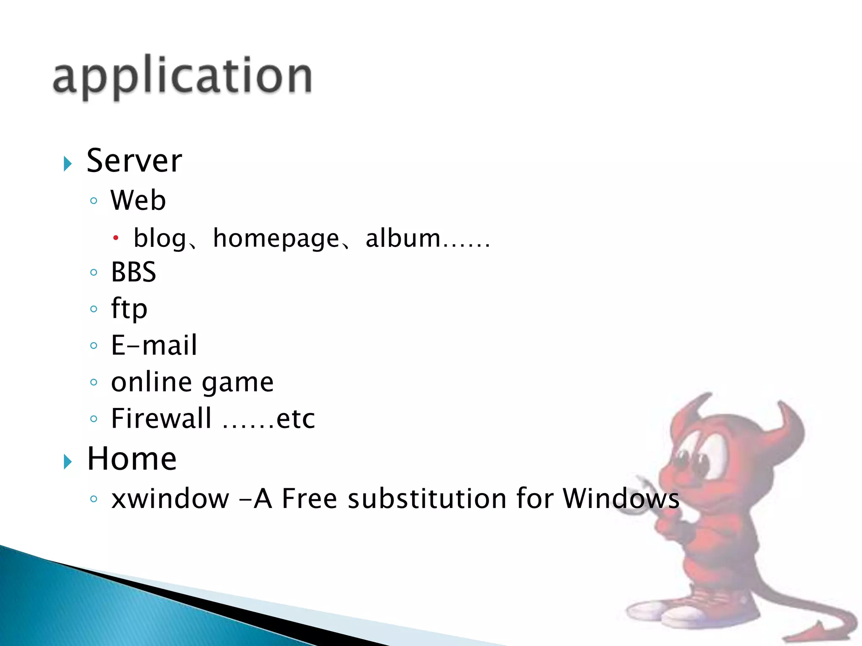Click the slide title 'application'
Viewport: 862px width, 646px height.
point(182,77)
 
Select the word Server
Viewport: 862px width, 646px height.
point(134,161)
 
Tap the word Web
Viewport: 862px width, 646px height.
point(138,200)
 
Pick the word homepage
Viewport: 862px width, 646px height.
point(276,238)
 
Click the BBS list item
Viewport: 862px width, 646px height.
point(133,272)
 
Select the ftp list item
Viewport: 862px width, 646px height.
point(129,309)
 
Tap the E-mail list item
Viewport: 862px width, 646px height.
point(154,345)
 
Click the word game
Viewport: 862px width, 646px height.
point(238,383)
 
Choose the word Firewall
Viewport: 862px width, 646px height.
point(161,418)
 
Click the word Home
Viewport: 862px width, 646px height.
point(132,458)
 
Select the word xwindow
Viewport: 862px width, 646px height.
point(170,499)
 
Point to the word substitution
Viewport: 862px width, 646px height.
point(428,499)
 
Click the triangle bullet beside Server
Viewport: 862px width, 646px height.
point(68,164)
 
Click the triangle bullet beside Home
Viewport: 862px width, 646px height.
point(68,462)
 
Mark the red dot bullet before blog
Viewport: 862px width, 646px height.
point(116,238)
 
